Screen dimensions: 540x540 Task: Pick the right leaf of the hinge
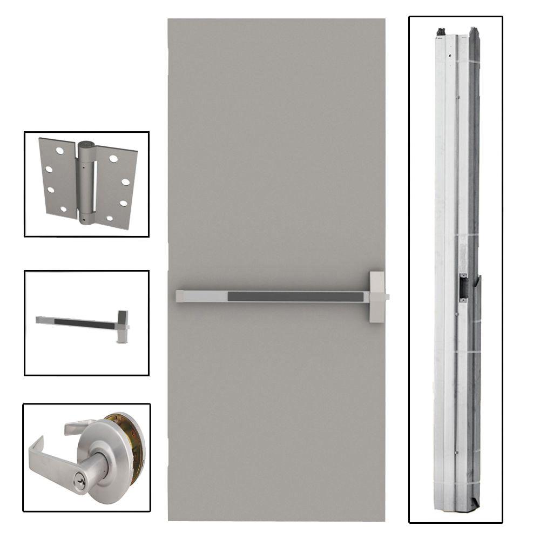[x=117, y=184]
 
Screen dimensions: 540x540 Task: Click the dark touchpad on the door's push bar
[x=297, y=296]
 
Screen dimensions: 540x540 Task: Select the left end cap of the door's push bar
[x=184, y=296]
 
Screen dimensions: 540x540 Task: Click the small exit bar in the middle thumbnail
[x=76, y=322]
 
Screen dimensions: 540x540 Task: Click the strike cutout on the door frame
[x=463, y=287]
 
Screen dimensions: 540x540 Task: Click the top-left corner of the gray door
[x=168, y=20]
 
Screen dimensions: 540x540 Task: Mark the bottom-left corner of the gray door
[x=168, y=520]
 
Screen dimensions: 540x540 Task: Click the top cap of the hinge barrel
[x=86, y=146]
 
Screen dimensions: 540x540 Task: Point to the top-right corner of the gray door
[x=384, y=20]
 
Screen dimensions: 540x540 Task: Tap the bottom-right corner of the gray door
[x=384, y=520]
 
